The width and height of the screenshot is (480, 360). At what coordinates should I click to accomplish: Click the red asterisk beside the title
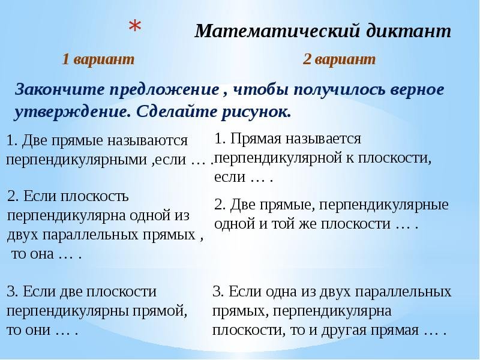136,28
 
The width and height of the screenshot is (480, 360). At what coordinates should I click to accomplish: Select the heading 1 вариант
98,59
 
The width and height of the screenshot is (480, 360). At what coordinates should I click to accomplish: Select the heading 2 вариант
339,59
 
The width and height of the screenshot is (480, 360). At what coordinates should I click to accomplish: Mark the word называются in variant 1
148,141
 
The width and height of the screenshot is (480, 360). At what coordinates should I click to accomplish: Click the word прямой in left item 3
161,311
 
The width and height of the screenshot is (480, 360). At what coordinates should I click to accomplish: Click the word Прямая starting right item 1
254,139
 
